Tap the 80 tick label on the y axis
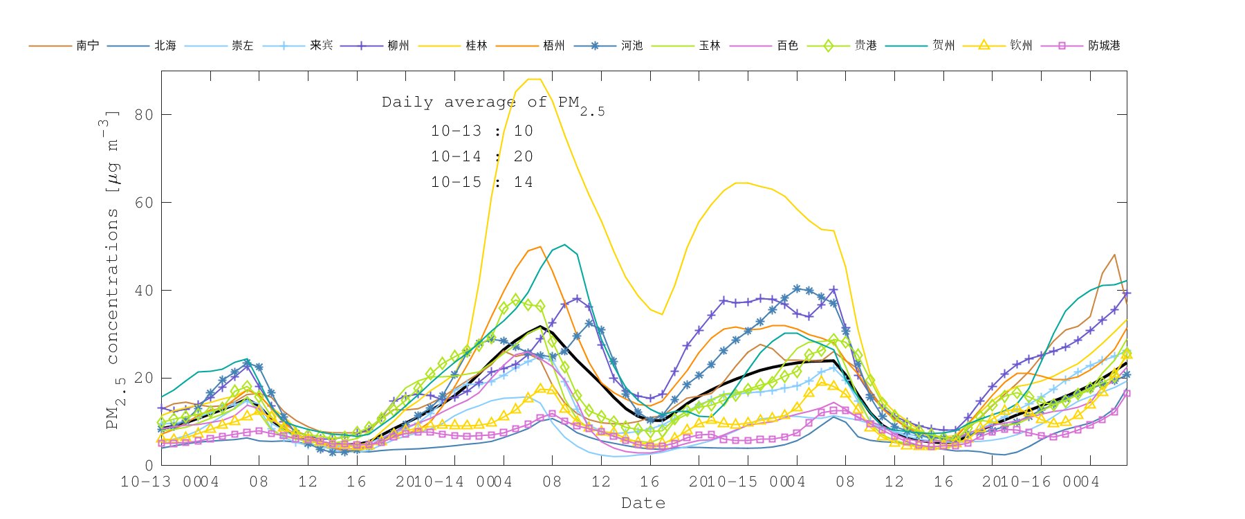coord(144,115)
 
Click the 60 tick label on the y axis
coord(144,203)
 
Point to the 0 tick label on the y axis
coord(149,466)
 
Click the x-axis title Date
coord(643,503)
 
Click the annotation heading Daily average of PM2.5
coord(492,103)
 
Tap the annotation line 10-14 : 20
coord(482,156)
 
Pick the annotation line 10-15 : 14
coord(482,182)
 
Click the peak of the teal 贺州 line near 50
coord(565,244)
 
